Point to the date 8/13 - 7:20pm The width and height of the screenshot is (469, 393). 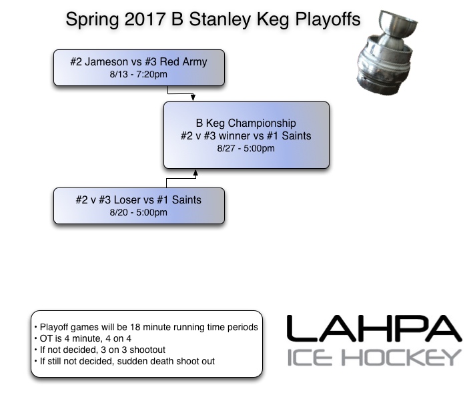point(139,74)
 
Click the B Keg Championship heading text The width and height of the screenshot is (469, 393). point(246,123)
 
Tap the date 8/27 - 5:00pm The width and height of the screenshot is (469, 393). point(246,148)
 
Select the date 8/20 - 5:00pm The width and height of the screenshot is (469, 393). point(139,212)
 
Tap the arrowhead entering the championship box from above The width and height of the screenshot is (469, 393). point(193,99)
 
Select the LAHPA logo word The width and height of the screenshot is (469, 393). point(374,330)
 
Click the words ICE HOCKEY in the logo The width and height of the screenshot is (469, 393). point(374,358)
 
